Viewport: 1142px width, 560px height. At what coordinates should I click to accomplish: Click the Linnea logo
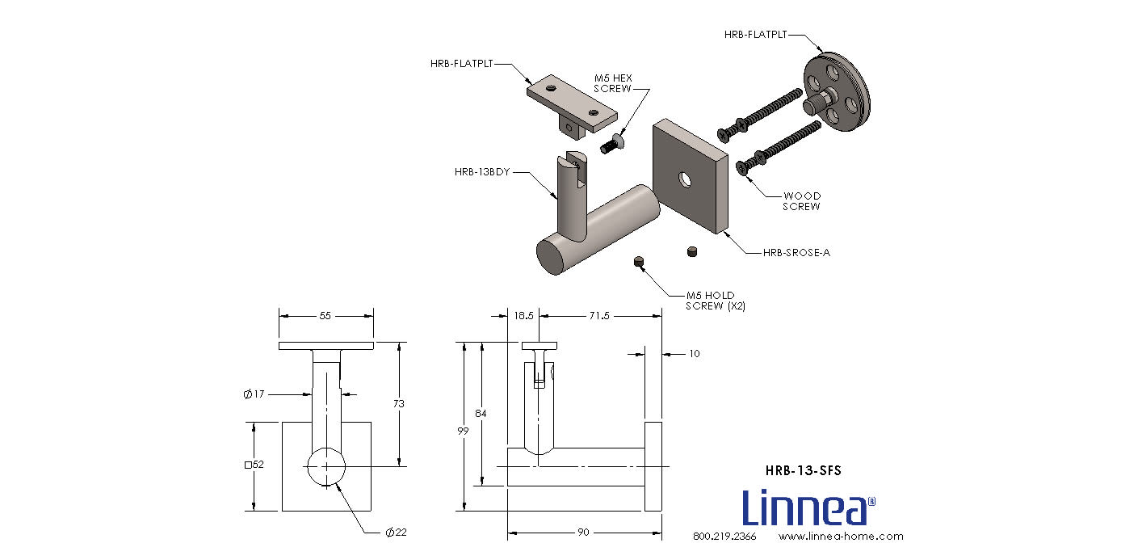click(808, 507)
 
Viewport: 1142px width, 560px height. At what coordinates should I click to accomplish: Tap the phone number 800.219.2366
click(724, 537)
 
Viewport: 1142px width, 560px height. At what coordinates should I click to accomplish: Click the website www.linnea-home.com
click(841, 537)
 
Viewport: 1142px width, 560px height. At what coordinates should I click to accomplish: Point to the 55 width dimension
click(325, 316)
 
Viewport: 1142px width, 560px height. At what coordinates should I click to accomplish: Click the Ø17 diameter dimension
click(254, 394)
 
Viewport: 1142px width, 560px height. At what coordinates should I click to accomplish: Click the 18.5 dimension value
click(523, 316)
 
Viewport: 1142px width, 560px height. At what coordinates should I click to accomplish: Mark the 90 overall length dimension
click(583, 533)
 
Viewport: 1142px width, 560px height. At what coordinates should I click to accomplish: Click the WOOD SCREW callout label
click(803, 201)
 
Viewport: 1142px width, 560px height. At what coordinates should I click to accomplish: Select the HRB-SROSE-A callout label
click(796, 253)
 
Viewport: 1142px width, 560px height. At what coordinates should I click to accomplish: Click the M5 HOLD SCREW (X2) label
click(710, 301)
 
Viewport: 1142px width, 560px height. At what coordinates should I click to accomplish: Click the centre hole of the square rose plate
click(686, 179)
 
